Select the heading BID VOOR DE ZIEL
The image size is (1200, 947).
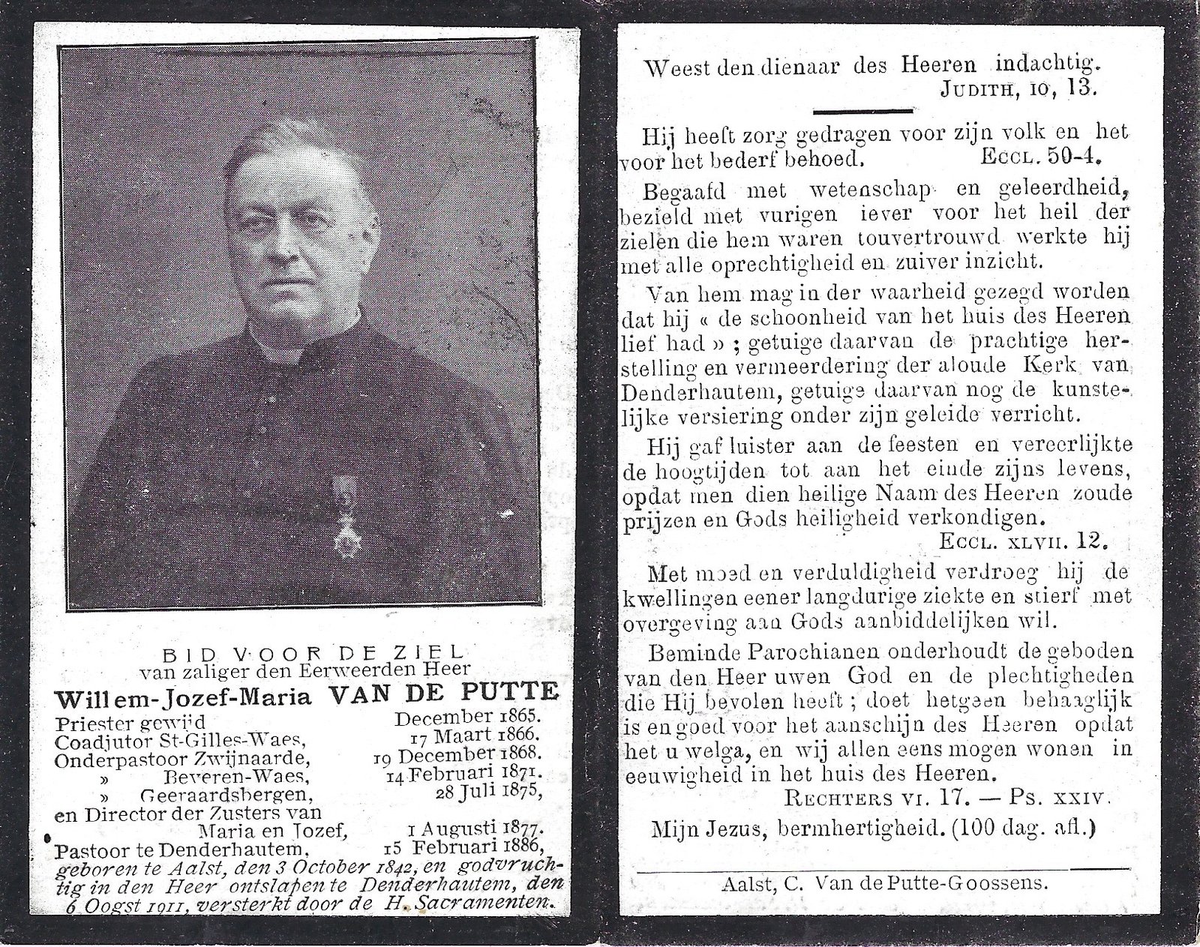[x=307, y=652]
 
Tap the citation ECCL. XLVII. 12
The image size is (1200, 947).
[x=1022, y=540]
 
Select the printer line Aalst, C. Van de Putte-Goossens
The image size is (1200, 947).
[x=882, y=884]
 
